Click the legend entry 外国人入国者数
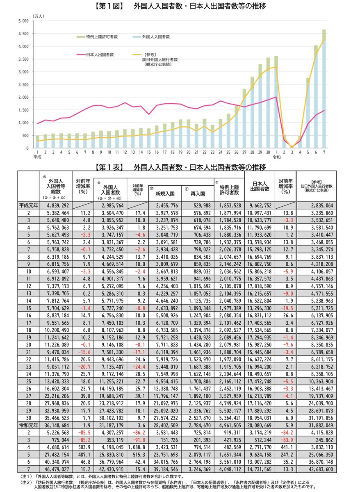pos(156,36)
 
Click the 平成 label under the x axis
pos(38,157)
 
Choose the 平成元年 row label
pos(29,205)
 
